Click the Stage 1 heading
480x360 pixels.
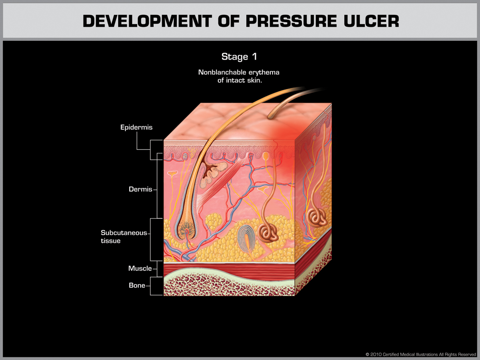point(239,57)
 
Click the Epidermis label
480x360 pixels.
point(136,128)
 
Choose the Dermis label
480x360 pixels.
point(140,189)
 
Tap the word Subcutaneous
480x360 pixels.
point(124,233)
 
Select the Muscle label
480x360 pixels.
point(140,268)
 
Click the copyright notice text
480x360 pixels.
point(420,354)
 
